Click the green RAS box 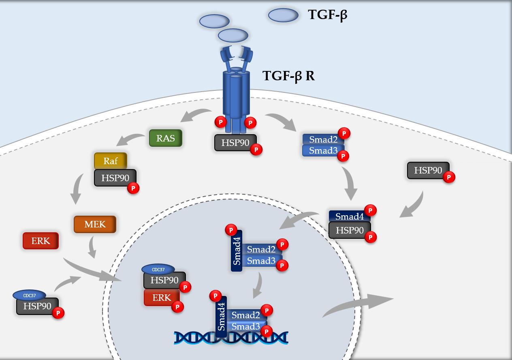click(x=166, y=138)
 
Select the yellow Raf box click(x=111, y=161)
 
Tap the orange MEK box click(x=95, y=224)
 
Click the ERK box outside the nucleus click(x=41, y=241)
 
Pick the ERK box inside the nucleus click(x=162, y=298)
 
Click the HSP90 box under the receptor click(x=235, y=142)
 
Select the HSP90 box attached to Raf click(x=115, y=178)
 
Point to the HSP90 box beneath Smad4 click(x=350, y=230)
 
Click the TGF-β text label click(x=328, y=15)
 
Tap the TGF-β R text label click(x=288, y=76)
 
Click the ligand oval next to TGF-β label click(x=283, y=15)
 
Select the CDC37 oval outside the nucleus click(x=29, y=295)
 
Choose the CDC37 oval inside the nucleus click(x=158, y=270)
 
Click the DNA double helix click(x=231, y=338)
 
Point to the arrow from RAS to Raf click(x=130, y=139)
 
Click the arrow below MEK click(x=92, y=247)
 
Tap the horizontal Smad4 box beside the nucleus click(x=350, y=216)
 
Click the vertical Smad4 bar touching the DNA click(x=221, y=317)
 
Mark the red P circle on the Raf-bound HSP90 click(x=133, y=188)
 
